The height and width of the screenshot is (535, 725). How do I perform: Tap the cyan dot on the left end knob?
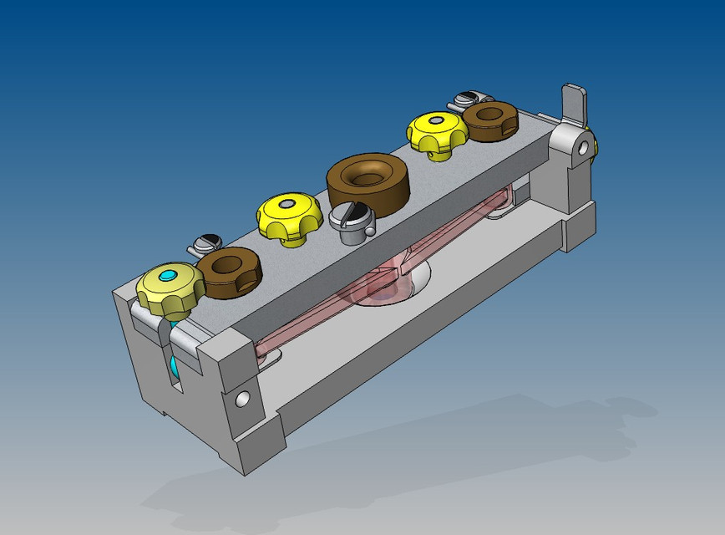(170, 275)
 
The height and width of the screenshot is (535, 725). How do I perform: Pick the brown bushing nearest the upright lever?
(490, 120)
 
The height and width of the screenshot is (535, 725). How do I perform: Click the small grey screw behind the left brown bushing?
(204, 245)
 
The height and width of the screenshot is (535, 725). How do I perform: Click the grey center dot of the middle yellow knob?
(288, 203)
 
